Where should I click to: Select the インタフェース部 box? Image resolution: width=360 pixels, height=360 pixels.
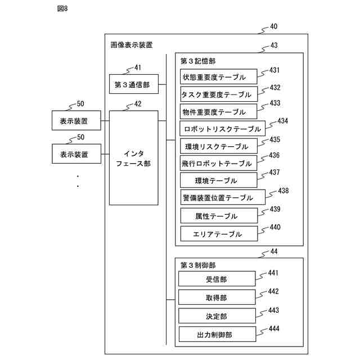[x=133, y=157]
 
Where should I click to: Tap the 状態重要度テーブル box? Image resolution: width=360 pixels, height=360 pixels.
[x=218, y=76]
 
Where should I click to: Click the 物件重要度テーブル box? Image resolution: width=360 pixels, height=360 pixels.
[x=218, y=111]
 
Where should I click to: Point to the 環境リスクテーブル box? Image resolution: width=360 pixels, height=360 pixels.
[x=218, y=146]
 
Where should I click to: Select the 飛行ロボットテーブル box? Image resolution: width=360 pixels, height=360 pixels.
[x=218, y=164]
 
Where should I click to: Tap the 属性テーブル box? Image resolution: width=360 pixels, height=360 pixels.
[x=218, y=215]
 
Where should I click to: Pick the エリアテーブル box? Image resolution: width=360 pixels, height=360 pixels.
[x=218, y=233]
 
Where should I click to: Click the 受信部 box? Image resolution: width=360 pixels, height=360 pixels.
[x=217, y=279]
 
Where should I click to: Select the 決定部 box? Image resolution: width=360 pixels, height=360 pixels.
[x=217, y=316]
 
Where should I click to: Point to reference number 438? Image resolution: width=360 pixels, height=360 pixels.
[x=283, y=191]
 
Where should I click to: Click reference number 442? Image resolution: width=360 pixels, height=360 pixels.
[x=273, y=291]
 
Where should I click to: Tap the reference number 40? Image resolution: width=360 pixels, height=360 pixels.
[x=273, y=26]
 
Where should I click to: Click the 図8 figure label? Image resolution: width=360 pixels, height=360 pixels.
[x=62, y=8]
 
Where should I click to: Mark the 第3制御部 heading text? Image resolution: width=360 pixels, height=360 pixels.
[x=198, y=264]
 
